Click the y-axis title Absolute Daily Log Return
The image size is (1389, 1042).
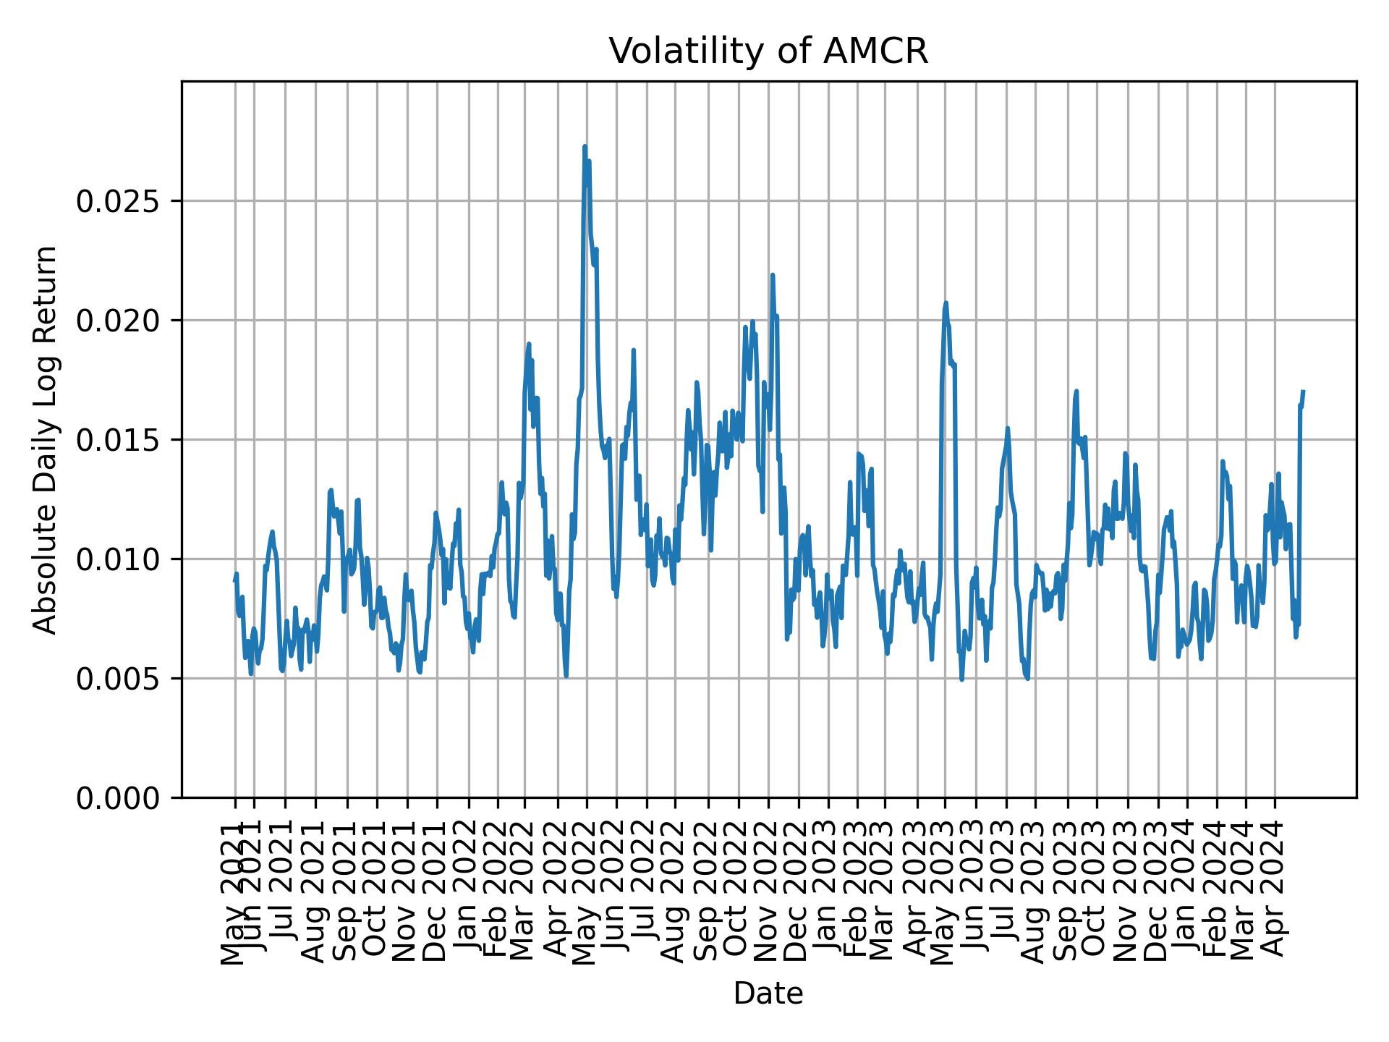[46, 440]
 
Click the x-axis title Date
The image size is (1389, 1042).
[768, 994]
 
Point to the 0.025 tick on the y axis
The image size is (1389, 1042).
[122, 201]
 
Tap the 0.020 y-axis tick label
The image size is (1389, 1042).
[122, 321]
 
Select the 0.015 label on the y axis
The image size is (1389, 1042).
[122, 440]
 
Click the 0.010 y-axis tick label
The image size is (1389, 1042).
[122, 559]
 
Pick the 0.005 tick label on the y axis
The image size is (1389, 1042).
[122, 679]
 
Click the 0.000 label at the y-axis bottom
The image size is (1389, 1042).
[122, 798]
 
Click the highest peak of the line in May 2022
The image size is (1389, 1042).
[585, 147]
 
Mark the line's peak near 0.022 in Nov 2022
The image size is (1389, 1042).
[773, 275]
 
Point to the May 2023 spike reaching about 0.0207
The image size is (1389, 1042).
[946, 303]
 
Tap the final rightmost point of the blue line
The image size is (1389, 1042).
[1303, 391]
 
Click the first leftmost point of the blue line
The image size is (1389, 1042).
[234, 580]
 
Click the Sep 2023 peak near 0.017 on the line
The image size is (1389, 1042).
[1076, 391]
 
